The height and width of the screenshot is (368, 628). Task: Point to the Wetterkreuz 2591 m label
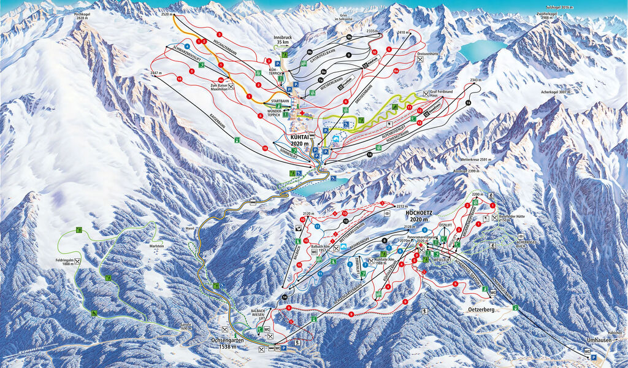(x=473, y=159)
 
